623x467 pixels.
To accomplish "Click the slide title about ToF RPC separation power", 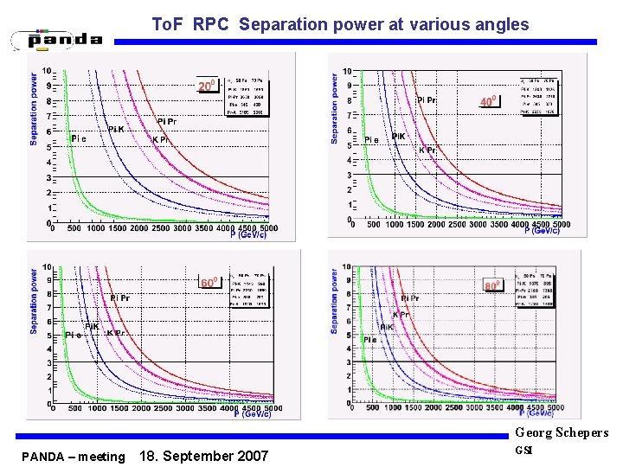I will (339, 24).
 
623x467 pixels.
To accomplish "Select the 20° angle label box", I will (207, 86).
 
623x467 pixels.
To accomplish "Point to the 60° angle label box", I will (209, 283).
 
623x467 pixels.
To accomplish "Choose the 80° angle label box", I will (492, 285).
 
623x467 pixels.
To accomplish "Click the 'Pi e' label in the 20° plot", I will (79, 138).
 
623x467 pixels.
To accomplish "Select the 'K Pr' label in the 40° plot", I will (427, 150).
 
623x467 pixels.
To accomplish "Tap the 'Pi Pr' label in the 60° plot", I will (120, 298).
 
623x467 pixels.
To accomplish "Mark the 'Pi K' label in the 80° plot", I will (386, 327).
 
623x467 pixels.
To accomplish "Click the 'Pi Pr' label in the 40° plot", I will (427, 100).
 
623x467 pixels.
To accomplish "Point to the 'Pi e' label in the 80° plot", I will (370, 340).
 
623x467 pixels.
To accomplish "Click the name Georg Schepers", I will (562, 432).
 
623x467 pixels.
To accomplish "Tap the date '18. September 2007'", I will (204, 456).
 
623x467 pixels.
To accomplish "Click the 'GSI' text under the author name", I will (523, 450).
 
